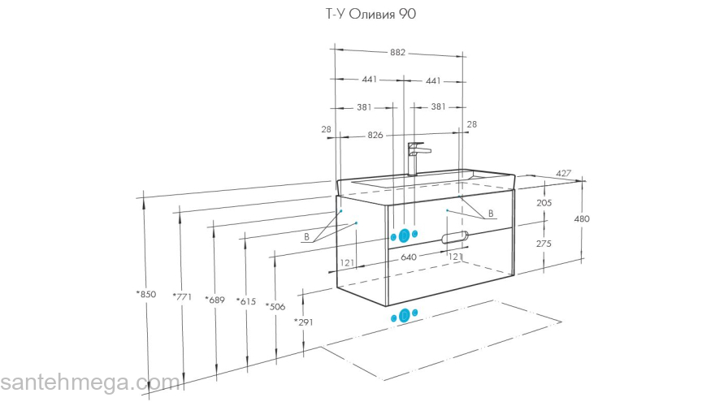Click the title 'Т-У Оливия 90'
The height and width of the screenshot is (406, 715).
358,14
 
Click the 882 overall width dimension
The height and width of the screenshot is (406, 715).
397,53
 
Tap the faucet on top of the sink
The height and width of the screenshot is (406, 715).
415,158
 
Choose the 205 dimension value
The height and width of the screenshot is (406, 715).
544,203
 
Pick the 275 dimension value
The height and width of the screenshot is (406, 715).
544,244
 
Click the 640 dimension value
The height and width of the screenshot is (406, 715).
408,257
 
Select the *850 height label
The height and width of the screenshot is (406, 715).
146,294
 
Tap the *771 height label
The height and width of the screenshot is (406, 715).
181,297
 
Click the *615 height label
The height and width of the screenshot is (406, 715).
245,301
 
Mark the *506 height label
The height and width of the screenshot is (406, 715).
275,306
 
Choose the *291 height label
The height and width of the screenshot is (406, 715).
304,322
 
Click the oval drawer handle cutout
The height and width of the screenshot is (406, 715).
454,237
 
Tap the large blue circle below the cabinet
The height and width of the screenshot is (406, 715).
403,316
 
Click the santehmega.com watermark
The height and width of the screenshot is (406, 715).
89,382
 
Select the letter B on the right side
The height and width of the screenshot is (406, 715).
491,214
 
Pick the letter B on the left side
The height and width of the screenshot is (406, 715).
306,237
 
